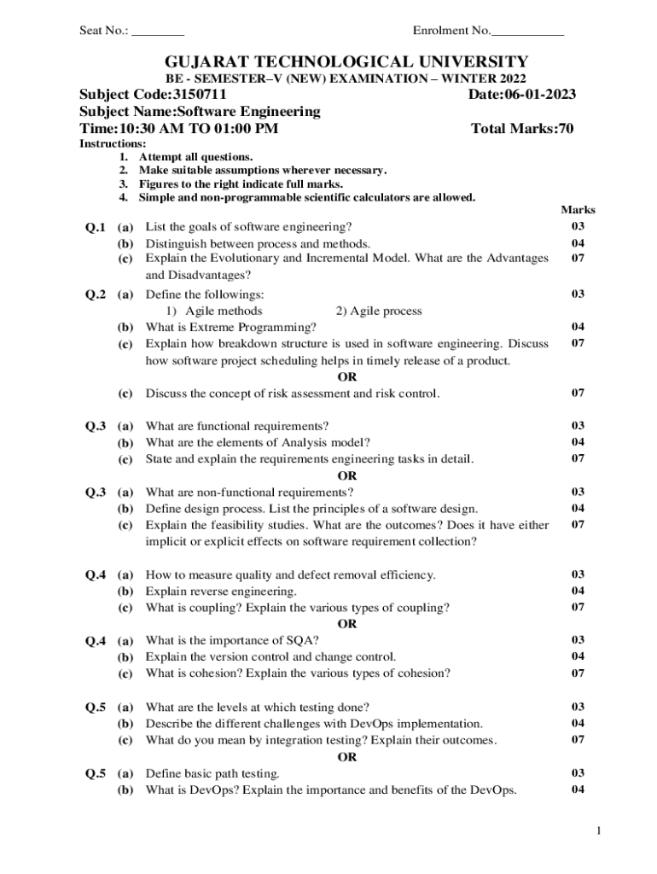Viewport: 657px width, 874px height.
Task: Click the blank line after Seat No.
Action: tap(158, 33)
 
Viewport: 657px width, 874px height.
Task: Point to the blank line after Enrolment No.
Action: tap(528, 33)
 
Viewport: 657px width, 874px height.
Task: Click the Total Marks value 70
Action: tap(565, 129)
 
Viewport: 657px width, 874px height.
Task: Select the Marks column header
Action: tap(578, 210)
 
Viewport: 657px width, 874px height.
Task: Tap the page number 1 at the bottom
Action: tap(600, 830)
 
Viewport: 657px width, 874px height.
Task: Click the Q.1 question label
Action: tap(95, 228)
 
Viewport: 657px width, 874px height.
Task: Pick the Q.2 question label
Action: tap(95, 294)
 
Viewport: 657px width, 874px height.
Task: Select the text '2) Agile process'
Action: tap(379, 311)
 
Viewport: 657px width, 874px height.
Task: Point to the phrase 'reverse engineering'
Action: tap(241, 591)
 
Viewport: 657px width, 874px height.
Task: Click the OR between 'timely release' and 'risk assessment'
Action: tap(347, 376)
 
